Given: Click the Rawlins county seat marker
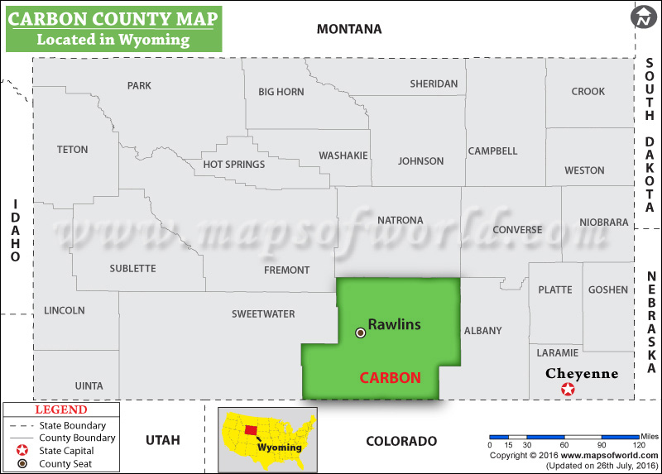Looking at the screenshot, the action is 360,333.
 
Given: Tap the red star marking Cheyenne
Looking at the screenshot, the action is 568,390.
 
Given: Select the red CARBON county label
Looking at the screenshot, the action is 390,378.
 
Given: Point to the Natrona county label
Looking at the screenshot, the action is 400,220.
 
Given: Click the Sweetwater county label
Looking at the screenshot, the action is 263,314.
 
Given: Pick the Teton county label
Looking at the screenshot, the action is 72,150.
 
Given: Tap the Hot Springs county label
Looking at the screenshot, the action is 234,165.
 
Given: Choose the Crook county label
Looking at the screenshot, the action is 588,91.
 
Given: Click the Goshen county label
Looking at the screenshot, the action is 607,290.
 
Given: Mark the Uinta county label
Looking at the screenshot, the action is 89,385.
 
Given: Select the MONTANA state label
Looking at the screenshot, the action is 349,29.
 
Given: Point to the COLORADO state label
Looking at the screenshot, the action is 401,441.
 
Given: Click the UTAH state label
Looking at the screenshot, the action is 162,440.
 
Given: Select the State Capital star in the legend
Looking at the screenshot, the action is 22,451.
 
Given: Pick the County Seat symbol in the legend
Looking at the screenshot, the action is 22,464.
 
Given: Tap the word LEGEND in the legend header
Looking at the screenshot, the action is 60,409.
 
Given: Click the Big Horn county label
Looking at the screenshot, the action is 281,92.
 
